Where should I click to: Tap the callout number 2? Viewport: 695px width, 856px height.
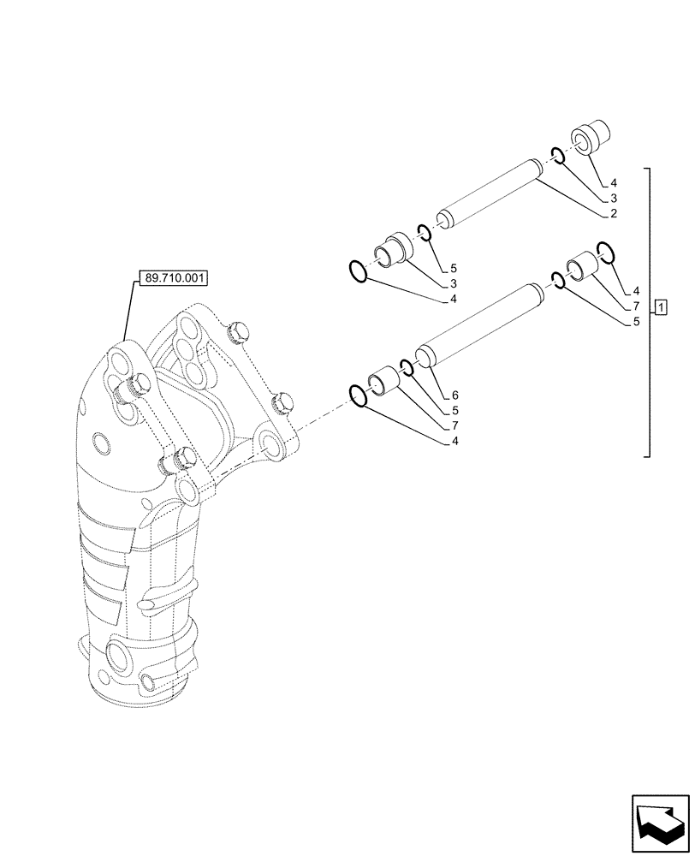[614, 212]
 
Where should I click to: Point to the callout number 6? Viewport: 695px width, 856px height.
[454, 395]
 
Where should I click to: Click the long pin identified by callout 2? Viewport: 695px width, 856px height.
[487, 195]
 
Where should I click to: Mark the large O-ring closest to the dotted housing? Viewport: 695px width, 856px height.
[359, 395]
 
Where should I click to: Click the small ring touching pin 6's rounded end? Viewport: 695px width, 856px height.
[407, 368]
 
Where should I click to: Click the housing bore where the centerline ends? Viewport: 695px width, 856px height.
[272, 444]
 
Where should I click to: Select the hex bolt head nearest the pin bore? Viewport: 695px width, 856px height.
[280, 401]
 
